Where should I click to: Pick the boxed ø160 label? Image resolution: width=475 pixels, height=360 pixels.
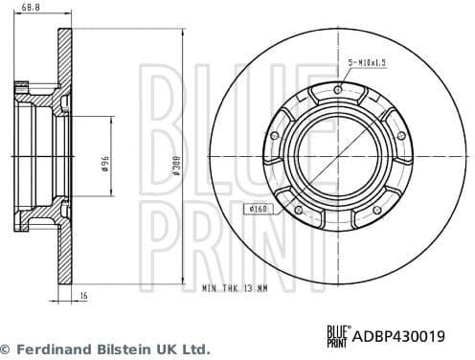[259, 209]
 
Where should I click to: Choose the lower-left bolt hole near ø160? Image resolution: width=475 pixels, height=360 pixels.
[297, 210]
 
